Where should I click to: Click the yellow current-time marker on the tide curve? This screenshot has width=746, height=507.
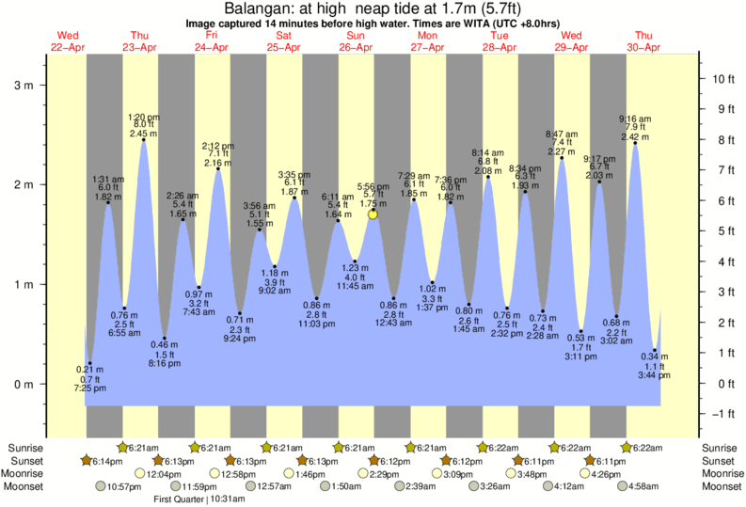[x=373, y=214]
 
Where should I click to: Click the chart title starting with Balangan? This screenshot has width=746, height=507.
[x=373, y=8]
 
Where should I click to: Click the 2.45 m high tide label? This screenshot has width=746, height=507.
[x=144, y=133]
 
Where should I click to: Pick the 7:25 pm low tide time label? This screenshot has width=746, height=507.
[x=89, y=388]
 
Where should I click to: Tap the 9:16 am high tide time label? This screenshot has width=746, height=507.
[x=635, y=119]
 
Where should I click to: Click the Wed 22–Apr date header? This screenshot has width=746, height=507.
[x=67, y=41]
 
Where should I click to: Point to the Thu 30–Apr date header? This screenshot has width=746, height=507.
[x=644, y=41]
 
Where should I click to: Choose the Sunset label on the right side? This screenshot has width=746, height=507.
[x=720, y=461]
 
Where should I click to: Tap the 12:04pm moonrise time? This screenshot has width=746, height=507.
[x=166, y=473]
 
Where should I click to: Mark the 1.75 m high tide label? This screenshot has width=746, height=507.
[x=373, y=203]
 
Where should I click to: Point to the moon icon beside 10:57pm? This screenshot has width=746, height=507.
[x=102, y=485]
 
